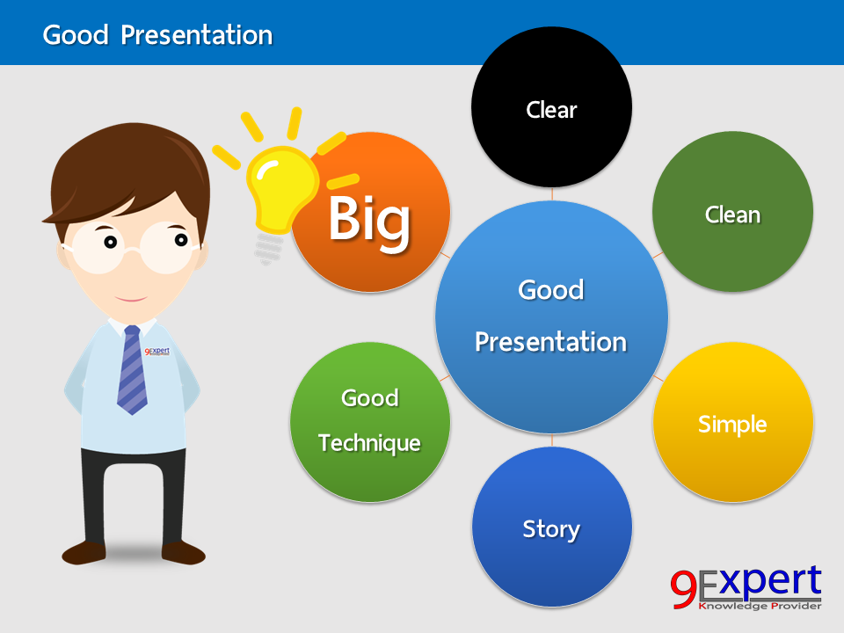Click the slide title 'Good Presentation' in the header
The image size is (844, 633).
(x=157, y=35)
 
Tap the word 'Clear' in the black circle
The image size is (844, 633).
(x=551, y=110)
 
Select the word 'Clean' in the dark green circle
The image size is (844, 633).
(x=732, y=215)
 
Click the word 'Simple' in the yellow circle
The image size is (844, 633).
(x=732, y=425)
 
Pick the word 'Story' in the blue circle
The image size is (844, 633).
(x=551, y=529)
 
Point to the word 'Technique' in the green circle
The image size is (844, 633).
(x=369, y=443)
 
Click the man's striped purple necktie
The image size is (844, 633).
(x=132, y=369)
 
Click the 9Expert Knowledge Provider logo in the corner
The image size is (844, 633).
(x=746, y=587)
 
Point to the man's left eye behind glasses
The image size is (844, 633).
(x=180, y=238)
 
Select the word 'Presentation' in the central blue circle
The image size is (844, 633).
(x=551, y=342)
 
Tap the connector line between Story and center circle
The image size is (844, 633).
(x=552, y=439)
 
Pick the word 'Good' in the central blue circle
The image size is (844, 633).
(x=551, y=290)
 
